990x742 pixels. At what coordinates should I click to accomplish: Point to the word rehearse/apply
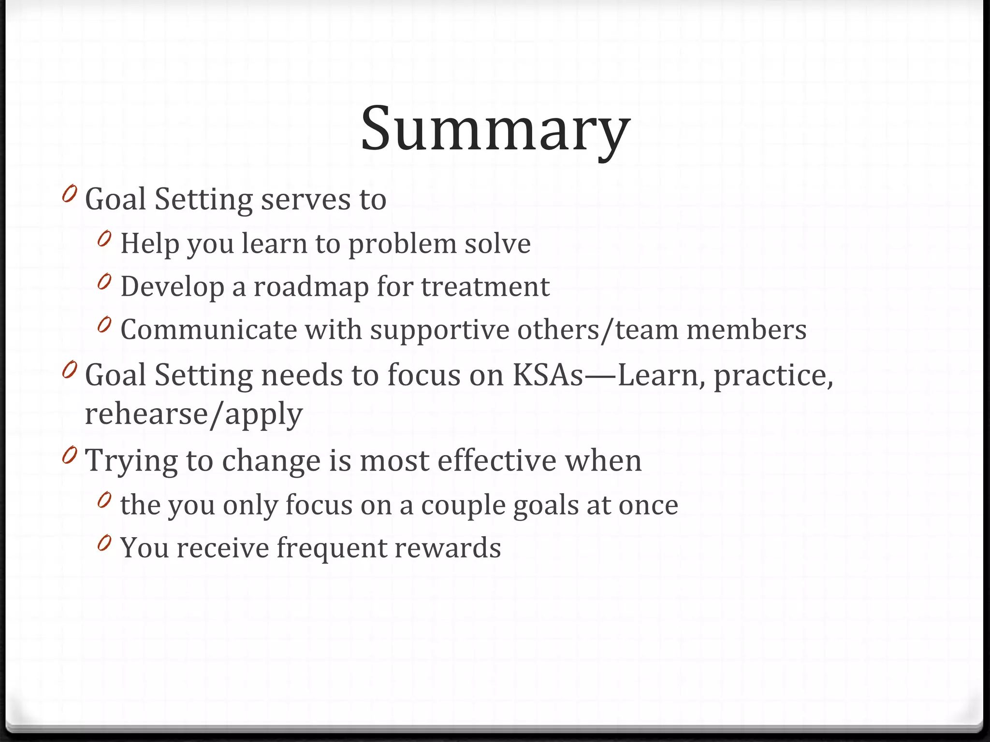[x=194, y=414]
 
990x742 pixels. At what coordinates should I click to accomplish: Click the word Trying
[x=131, y=461]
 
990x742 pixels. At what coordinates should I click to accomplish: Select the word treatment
[x=485, y=287]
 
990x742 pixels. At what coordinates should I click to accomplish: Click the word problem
[x=402, y=244]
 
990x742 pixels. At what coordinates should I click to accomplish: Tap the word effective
[x=497, y=461]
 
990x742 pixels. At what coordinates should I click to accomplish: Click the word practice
[x=773, y=376]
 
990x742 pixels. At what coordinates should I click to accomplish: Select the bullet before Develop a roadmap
[x=104, y=283]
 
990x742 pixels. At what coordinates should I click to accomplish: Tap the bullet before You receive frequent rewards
[x=104, y=544]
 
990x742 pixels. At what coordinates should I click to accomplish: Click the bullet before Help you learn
[x=104, y=239]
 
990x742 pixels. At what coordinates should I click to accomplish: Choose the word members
[x=746, y=330]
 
